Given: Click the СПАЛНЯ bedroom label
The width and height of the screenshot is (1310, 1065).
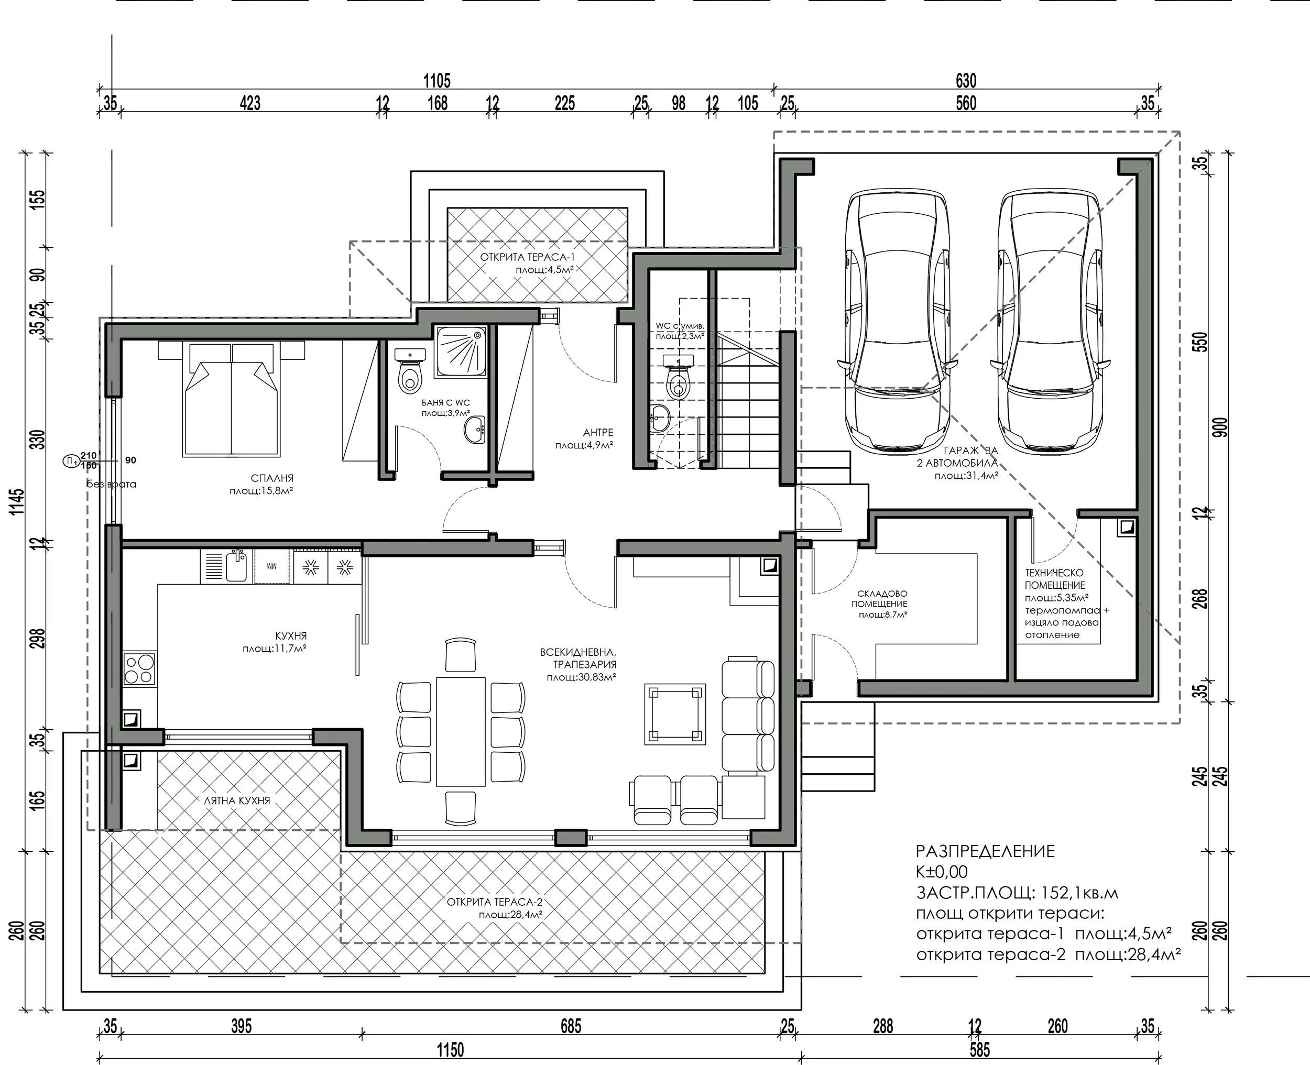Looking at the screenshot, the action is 272,478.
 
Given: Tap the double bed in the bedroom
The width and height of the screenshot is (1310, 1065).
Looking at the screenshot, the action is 231,399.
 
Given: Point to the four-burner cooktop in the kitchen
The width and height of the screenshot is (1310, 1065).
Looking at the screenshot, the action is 140,668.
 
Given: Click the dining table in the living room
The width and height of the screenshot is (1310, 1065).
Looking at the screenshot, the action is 461,730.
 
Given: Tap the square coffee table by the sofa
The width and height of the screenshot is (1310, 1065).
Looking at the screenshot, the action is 674,714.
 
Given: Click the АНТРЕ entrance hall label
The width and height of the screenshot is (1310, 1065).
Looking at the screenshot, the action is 598,433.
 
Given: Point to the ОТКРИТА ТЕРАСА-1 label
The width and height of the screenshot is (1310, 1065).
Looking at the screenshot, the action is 528,257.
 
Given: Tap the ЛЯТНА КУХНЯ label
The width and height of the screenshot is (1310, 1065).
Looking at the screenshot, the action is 237,800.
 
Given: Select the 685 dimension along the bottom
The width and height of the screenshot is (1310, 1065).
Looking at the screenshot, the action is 571,1026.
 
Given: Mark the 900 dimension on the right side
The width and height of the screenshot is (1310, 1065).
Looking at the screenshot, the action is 1220,427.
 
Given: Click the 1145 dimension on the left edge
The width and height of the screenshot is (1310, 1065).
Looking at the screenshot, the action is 17,501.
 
